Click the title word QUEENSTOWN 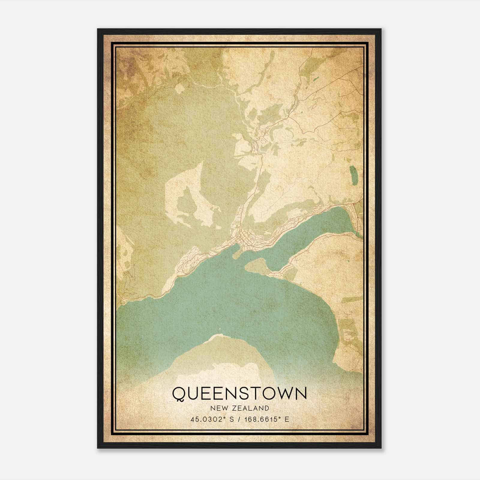click(x=239, y=393)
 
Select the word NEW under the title click(x=218, y=408)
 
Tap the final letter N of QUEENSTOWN click(x=301, y=393)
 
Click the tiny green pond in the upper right click(x=316, y=80)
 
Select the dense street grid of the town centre click(x=246, y=238)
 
